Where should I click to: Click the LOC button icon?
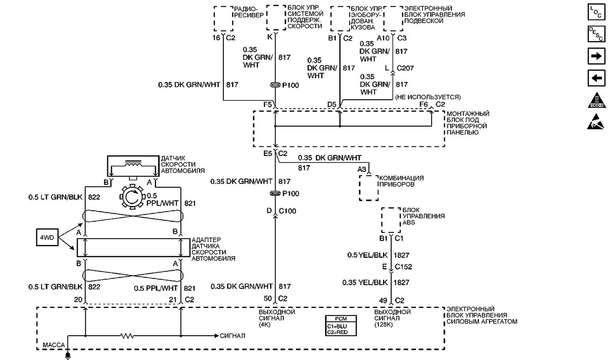click(x=596, y=12)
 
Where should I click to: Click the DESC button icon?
click(x=596, y=34)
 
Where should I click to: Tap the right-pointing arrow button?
click(x=596, y=56)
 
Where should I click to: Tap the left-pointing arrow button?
click(x=596, y=78)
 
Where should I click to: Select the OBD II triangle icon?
click(x=597, y=100)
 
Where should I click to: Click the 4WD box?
click(x=47, y=237)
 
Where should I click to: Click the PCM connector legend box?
click(x=340, y=326)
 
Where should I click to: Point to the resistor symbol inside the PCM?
click(x=127, y=336)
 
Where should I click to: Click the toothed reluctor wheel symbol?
click(x=132, y=197)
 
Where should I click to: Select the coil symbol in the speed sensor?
click(x=133, y=164)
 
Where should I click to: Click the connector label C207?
click(x=405, y=68)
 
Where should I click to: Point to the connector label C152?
click(x=403, y=267)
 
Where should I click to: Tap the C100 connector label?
click(x=287, y=211)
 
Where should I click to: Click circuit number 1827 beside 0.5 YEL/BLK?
click(x=401, y=255)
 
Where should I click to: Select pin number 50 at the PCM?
click(x=268, y=298)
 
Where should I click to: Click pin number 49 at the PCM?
click(x=383, y=300)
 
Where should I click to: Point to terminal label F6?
click(x=424, y=104)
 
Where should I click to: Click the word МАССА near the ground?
click(x=54, y=345)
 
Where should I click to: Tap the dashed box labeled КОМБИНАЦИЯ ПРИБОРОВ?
click(x=369, y=188)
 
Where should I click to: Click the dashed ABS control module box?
click(x=391, y=220)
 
